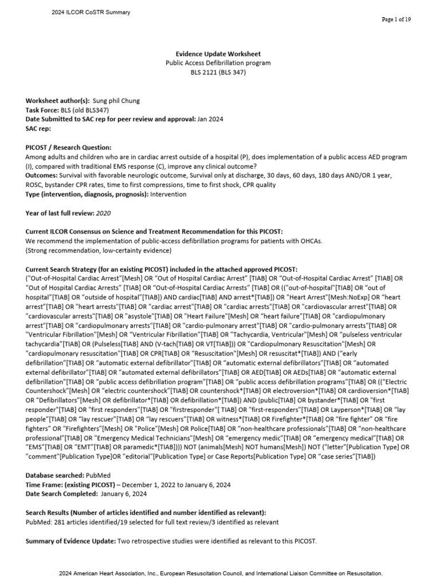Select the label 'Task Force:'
point(43,110)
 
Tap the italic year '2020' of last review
point(104,213)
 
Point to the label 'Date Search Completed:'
point(61,493)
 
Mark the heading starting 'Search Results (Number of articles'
point(146,512)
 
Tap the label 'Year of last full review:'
point(60,213)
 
